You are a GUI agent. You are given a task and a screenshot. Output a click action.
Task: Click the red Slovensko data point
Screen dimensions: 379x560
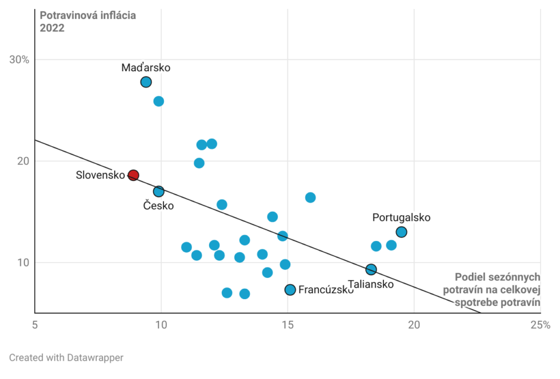pyautogui.click(x=133, y=175)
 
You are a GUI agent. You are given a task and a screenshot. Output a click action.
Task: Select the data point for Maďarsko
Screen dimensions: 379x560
pyautogui.click(x=146, y=82)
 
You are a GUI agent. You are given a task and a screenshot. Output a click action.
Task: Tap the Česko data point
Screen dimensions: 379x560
pyautogui.click(x=159, y=191)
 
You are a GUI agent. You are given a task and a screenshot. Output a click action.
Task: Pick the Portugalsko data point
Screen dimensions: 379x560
pyautogui.click(x=402, y=232)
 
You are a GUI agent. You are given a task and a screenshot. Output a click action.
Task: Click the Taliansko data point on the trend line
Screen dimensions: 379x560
pyautogui.click(x=371, y=269)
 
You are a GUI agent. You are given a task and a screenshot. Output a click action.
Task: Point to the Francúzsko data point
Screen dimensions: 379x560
pyautogui.click(x=290, y=290)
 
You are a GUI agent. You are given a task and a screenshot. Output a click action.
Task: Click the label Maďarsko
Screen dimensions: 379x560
pyautogui.click(x=146, y=68)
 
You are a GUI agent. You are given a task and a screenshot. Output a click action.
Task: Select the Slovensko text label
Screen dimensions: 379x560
pyautogui.click(x=100, y=175)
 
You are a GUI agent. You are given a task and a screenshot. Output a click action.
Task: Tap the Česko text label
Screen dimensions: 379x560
pyautogui.click(x=158, y=206)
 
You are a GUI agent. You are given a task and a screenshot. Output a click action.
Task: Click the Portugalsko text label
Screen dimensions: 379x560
pyautogui.click(x=401, y=217)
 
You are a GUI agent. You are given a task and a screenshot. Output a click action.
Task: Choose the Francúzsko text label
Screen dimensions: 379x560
pyautogui.click(x=326, y=290)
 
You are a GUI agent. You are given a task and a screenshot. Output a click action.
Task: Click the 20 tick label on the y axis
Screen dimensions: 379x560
pyautogui.click(x=22, y=161)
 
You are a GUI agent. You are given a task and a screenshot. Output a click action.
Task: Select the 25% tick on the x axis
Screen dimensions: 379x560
pyautogui.click(x=539, y=325)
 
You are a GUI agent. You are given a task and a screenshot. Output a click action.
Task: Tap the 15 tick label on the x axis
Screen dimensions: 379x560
pyautogui.click(x=287, y=325)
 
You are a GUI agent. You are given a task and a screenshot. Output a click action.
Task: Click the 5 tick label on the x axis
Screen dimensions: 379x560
pyautogui.click(x=35, y=325)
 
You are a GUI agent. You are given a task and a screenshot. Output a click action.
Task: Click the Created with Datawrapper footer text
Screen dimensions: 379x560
pyautogui.click(x=66, y=358)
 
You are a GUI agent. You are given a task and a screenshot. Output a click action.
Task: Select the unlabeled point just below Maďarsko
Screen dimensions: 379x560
pyautogui.click(x=159, y=102)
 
